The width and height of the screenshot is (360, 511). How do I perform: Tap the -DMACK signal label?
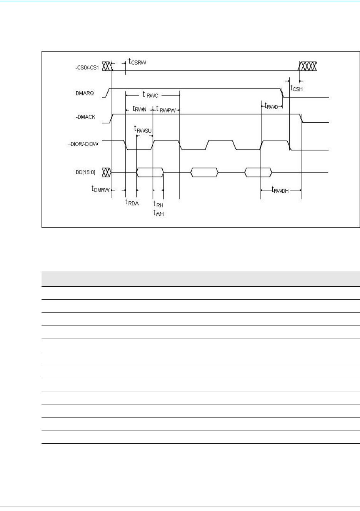[x=85, y=117]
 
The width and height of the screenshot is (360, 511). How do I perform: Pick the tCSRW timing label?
[x=137, y=62]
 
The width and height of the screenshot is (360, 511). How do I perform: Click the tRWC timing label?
[x=150, y=95]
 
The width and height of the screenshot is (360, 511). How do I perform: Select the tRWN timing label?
[x=139, y=109]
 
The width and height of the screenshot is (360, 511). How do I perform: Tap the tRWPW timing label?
[x=166, y=110]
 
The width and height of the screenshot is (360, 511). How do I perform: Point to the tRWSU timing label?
[x=143, y=129]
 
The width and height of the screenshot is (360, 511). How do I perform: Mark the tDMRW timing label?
[x=100, y=189]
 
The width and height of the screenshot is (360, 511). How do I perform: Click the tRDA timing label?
[x=132, y=202]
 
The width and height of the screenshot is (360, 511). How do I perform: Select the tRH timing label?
[x=158, y=205]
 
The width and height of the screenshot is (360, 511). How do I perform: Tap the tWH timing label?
[x=158, y=213]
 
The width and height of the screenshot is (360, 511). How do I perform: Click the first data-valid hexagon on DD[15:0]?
[x=150, y=172]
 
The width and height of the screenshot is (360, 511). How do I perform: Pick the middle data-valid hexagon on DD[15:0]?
[x=204, y=172]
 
